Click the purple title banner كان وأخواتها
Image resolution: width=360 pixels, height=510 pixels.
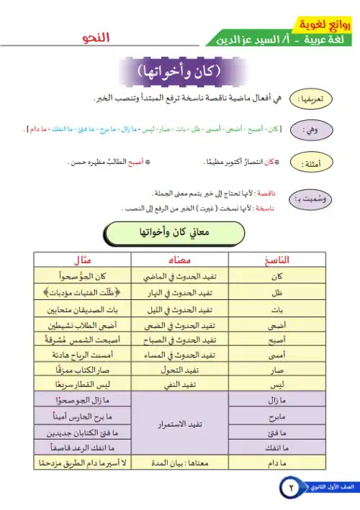pos(179,73)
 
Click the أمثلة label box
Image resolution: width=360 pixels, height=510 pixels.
pos(318,164)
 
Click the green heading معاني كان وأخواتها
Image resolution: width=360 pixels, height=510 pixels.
pos(179,234)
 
